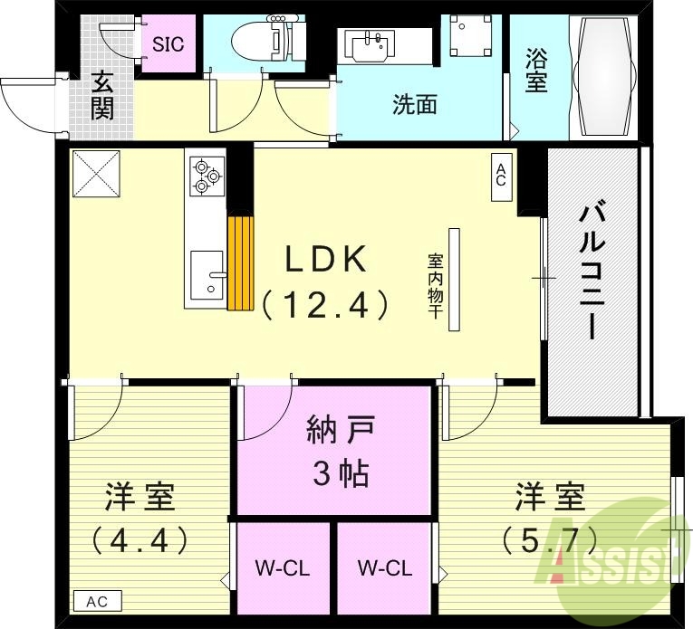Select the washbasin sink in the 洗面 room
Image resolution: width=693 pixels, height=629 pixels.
370,45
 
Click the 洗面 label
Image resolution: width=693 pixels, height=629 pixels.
415,105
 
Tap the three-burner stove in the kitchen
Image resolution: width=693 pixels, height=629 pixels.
206,175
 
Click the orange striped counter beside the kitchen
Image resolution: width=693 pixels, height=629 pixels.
240,263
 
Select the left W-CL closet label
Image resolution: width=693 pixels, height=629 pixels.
283,568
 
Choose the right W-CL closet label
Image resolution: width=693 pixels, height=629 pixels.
385,568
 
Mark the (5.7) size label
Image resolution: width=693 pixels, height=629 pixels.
550,540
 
